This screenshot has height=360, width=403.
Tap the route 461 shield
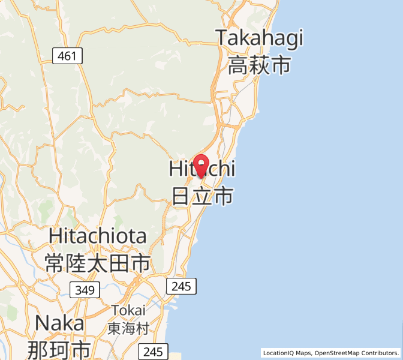(x=67, y=56)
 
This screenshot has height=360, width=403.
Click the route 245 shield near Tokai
(x=181, y=286)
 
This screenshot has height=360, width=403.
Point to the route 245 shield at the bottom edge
(x=154, y=352)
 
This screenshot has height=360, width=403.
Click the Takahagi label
(x=260, y=38)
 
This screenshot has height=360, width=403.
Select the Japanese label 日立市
(x=202, y=196)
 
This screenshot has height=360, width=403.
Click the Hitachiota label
(x=97, y=236)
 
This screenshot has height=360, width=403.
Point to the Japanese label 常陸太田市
(x=97, y=263)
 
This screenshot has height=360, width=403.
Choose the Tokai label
(x=128, y=310)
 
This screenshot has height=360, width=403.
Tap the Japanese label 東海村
(x=128, y=328)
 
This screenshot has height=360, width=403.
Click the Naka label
(x=59, y=323)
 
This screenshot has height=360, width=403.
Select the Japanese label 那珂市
(x=59, y=349)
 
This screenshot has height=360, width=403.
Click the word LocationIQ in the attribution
(x=279, y=353)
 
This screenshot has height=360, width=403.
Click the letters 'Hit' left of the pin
(x=181, y=169)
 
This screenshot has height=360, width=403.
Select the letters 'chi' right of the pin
(x=222, y=169)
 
